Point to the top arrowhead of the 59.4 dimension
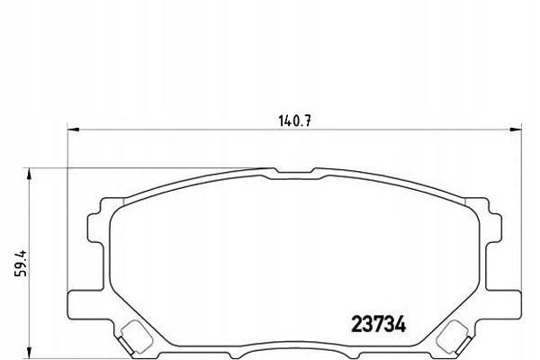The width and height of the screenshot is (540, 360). (31, 172)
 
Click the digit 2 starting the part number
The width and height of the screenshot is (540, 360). (354, 321)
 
